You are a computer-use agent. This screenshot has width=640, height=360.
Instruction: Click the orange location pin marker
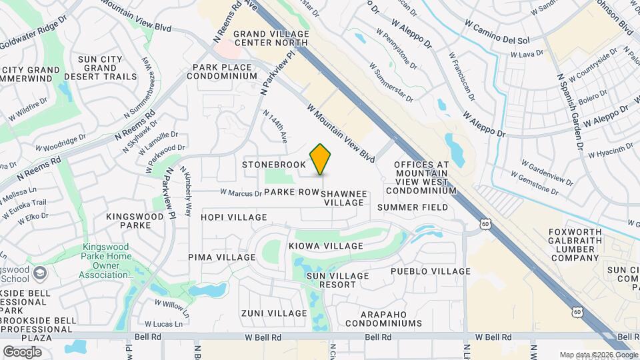[x=321, y=159]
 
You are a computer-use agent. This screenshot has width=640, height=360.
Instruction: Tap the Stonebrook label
[x=274, y=164]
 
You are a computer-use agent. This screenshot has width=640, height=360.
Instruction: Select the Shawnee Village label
[x=344, y=198]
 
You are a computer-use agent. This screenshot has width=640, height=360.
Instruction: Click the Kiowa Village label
[x=326, y=246]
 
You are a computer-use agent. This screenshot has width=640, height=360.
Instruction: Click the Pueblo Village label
[x=431, y=271]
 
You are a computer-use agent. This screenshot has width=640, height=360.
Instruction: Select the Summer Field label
[x=413, y=207]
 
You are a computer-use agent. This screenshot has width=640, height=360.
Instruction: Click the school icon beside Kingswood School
[x=41, y=273]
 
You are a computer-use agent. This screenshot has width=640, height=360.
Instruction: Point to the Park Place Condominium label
[x=225, y=71]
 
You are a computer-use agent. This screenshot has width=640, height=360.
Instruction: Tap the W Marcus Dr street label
[x=241, y=194]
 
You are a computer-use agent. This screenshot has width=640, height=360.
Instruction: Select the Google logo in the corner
[x=22, y=351]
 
